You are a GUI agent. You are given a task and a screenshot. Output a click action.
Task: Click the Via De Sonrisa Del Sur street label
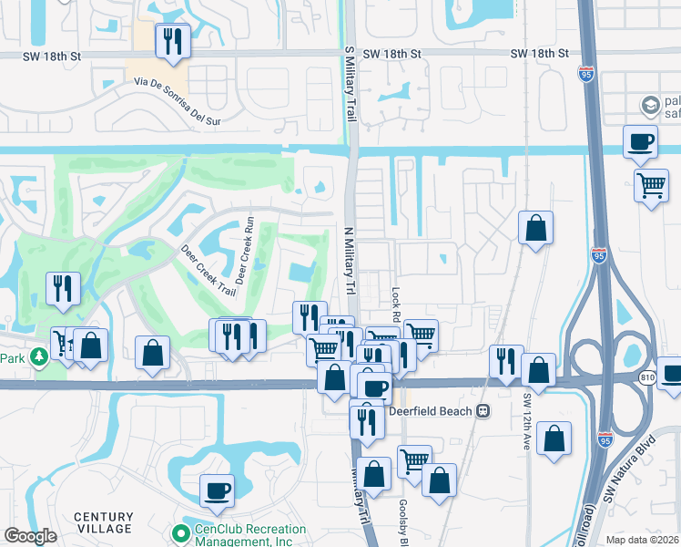[x=178, y=96]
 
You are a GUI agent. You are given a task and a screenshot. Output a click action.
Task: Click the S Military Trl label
[x=350, y=82]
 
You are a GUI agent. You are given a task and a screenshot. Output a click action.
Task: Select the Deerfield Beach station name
[x=432, y=411]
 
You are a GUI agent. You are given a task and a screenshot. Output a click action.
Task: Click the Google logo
[x=30, y=536]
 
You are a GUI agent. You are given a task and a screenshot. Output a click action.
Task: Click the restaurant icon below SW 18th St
[x=170, y=42]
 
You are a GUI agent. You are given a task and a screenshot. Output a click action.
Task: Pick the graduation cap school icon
[x=650, y=106]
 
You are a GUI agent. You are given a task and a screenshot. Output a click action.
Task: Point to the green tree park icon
[x=38, y=356]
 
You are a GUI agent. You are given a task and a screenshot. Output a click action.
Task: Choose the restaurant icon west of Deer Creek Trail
[x=62, y=288]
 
